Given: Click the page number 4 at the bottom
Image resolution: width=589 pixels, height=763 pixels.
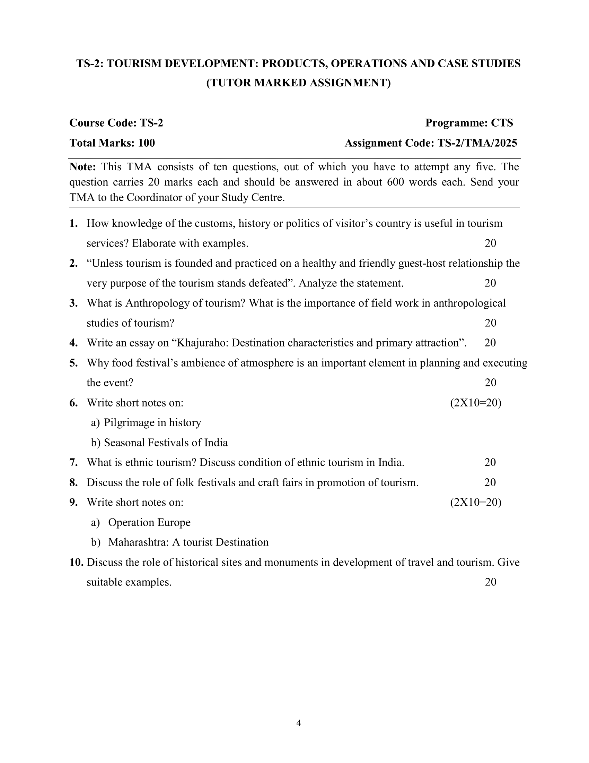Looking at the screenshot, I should tap(299, 723).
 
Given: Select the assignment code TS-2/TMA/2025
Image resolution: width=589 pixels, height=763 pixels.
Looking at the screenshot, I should tap(477, 143).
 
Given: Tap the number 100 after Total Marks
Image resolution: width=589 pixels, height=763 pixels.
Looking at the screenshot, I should tap(146, 143).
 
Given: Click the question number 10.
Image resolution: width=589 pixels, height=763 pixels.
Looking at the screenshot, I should tap(76, 562).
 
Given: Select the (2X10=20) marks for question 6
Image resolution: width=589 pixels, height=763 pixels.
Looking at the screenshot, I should tap(476, 403).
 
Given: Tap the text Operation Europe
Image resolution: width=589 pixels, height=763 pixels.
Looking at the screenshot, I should tap(149, 522).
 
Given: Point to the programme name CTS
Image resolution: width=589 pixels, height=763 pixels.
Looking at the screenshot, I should tap(502, 123).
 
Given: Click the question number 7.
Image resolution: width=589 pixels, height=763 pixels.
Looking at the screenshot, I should tap(73, 463).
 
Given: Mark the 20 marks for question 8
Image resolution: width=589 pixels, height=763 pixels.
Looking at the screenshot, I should tap(490, 482).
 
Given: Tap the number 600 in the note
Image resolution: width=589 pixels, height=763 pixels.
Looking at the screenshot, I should tap(396, 182).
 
